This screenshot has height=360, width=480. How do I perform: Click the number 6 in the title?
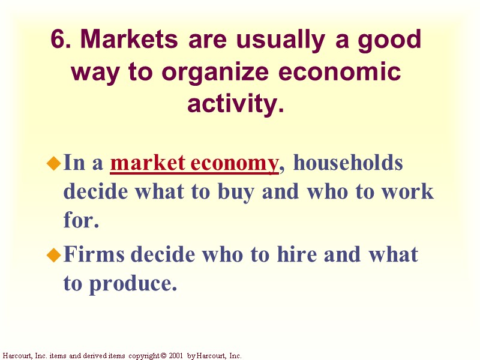57,40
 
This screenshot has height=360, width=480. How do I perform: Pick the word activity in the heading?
235,104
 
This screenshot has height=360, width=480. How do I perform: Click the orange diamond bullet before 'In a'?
54,163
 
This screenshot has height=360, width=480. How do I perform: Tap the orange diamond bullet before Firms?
54,256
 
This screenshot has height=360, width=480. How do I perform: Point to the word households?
348,164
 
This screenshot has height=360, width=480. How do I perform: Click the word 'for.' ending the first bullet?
80,221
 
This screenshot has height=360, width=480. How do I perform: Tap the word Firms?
94,254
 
